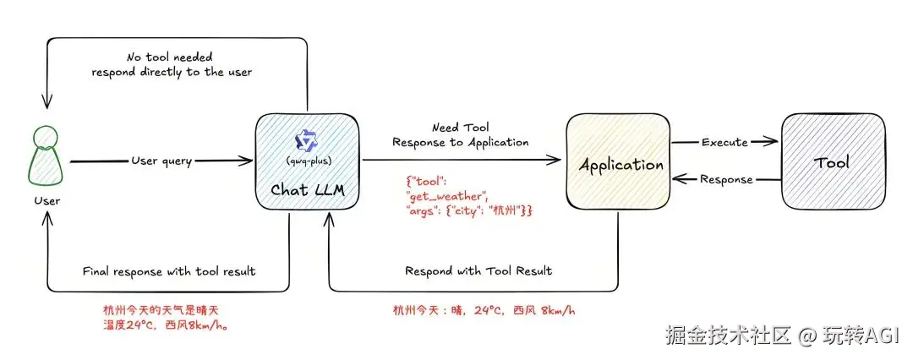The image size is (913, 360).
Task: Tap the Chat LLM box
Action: point(308,161)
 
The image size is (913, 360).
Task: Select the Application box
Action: point(619,161)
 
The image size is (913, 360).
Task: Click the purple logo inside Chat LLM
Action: point(306,140)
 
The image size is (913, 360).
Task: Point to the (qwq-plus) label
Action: point(306,161)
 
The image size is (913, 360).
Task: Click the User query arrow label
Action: point(161,161)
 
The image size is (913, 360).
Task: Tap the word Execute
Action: point(724,142)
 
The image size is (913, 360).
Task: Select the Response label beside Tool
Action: point(726,179)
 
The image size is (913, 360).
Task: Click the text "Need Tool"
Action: point(460,127)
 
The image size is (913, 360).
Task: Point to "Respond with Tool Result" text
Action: point(478,271)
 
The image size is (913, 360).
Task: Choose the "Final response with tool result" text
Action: point(169,271)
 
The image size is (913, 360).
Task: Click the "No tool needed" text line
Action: point(169,57)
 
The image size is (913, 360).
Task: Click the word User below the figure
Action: point(46,201)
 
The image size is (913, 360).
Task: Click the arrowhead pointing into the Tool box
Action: point(772,142)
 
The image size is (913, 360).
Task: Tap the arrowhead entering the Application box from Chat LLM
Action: point(555,160)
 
